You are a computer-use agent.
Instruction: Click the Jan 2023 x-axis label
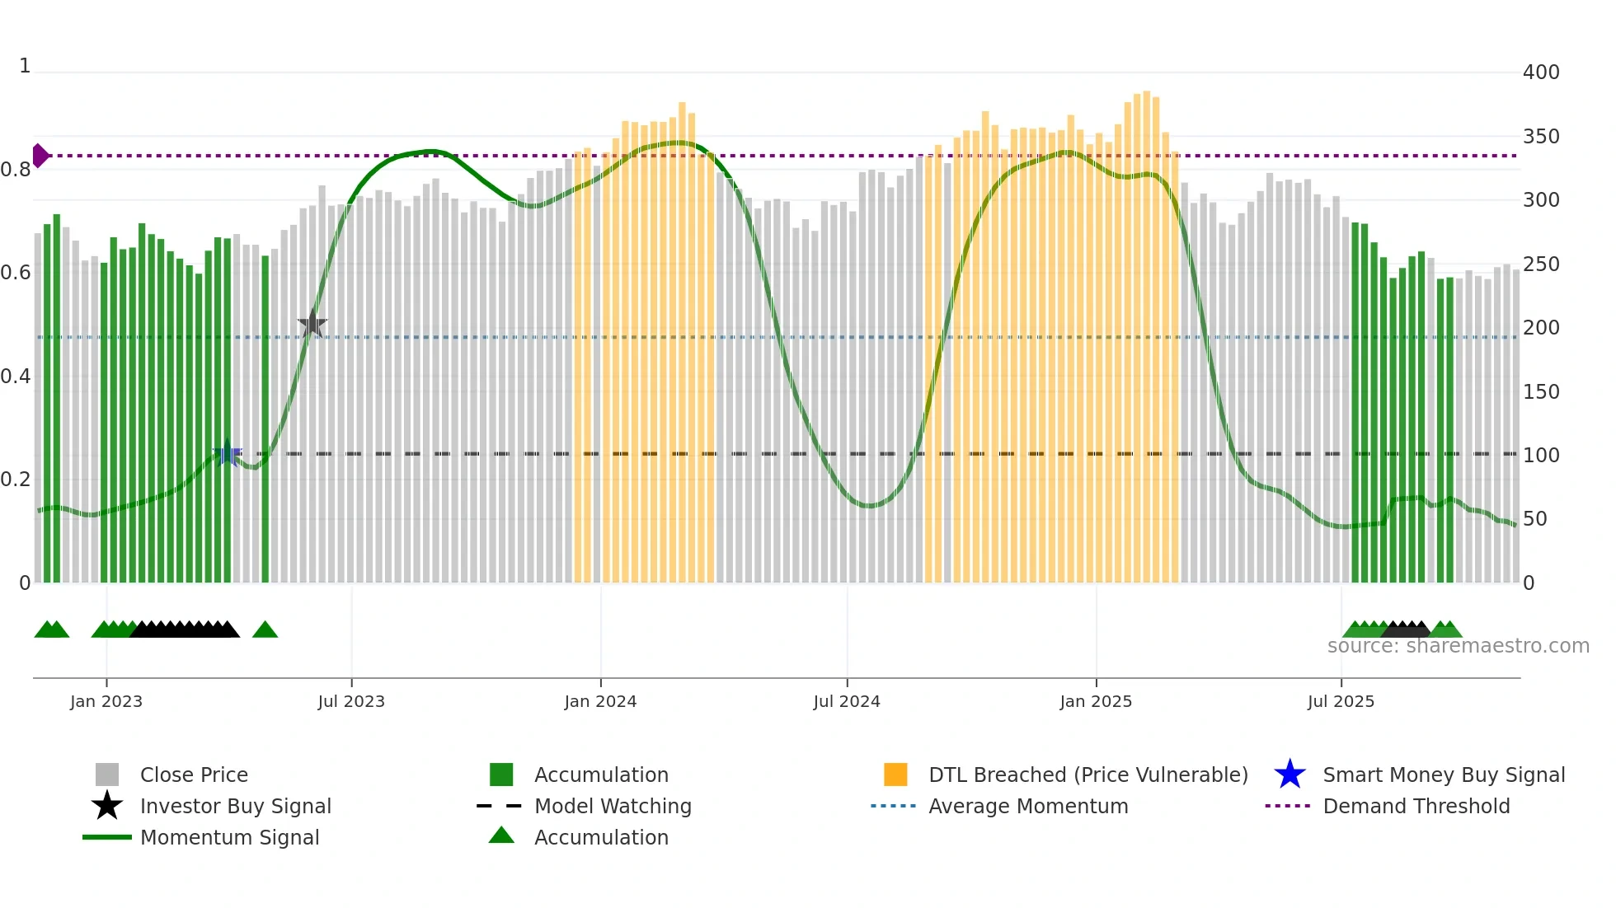coord(106,701)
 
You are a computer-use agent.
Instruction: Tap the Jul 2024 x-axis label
coord(847,701)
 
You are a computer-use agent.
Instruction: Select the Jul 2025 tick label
coord(1341,701)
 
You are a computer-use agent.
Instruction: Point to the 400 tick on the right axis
coord(1541,73)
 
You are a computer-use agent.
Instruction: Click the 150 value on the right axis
coord(1541,391)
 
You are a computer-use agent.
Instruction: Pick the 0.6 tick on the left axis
coord(16,273)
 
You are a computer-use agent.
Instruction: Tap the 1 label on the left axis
coord(25,66)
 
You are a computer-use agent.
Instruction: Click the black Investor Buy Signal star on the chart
coord(312,324)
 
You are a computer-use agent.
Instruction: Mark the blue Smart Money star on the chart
coord(228,454)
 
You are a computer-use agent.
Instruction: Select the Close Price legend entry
coord(194,775)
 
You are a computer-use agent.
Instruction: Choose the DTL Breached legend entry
coord(1088,775)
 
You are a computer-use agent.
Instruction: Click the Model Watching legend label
coord(613,806)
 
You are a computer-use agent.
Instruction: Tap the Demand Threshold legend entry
coord(1416,806)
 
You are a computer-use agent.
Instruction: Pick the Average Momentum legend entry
coord(1028,806)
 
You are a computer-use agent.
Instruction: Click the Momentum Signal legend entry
coord(229,837)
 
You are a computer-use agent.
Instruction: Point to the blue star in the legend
coord(1290,775)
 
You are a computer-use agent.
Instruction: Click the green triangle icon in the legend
coord(501,835)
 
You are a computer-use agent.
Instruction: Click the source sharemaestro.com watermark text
coord(1458,646)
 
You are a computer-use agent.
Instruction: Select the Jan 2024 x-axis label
coord(600,701)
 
